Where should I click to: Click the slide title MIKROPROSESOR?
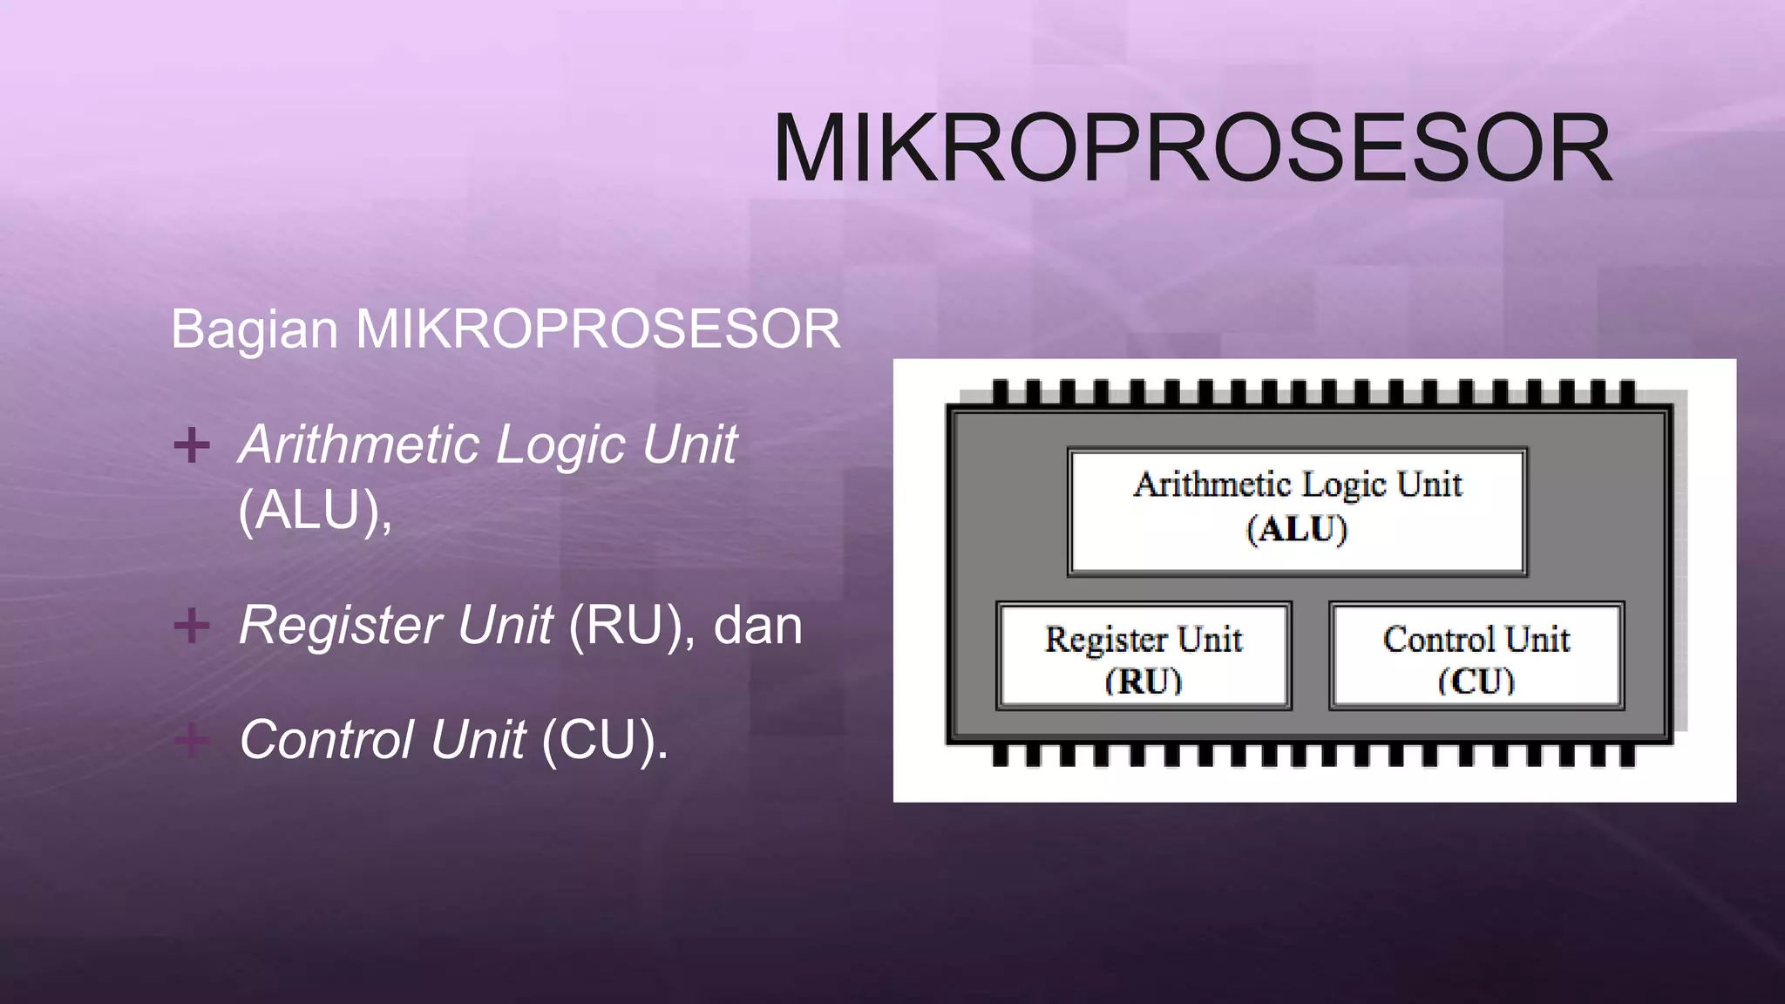[x=1191, y=148]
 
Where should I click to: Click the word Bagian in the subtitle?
[x=254, y=329]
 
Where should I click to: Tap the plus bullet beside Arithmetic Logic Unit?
[x=192, y=445]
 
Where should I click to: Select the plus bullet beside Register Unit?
[x=192, y=626]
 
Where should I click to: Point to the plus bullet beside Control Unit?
[x=192, y=741]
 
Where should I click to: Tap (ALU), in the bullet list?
[x=315, y=510]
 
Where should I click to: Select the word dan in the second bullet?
[x=757, y=626]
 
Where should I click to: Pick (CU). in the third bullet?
[x=605, y=741]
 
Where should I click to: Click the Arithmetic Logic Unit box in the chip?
[x=1297, y=512]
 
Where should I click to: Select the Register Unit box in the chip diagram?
[x=1144, y=655]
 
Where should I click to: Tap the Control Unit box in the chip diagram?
[x=1476, y=655]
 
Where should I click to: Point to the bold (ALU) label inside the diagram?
[x=1297, y=529]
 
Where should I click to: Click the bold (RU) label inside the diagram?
[x=1144, y=681]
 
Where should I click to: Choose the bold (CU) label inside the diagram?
[x=1476, y=681]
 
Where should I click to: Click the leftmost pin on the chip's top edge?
[x=1001, y=391]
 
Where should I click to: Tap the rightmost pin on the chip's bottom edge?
[x=1626, y=755]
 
